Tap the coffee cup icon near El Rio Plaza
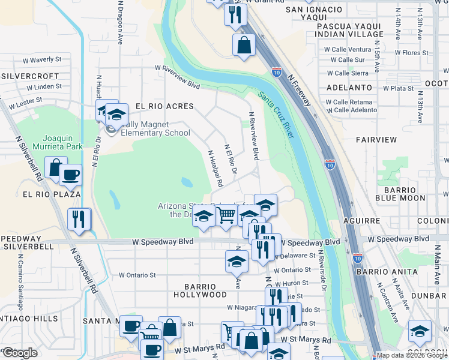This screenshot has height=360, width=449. [x=71, y=175]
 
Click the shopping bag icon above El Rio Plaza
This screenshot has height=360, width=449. [x=56, y=168]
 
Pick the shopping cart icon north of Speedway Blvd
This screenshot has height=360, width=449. [x=226, y=214]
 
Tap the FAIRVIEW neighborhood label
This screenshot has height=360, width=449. [x=376, y=140]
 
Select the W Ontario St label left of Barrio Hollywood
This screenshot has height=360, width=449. [x=137, y=275]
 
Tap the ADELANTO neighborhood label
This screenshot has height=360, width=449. [x=349, y=88]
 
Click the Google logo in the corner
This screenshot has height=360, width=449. [x=19, y=353]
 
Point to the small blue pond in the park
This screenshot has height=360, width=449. [x=187, y=181]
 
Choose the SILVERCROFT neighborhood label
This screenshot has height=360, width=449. [x=29, y=76]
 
